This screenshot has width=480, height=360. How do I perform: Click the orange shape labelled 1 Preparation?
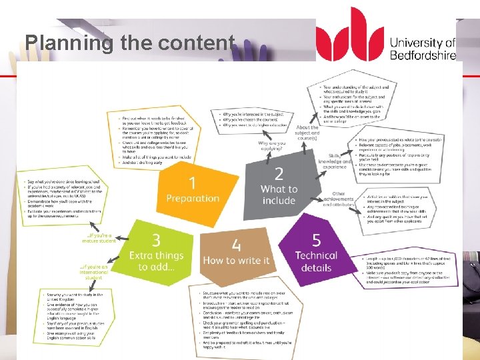pos(193,189)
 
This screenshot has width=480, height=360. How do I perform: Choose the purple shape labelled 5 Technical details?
pos(317,253)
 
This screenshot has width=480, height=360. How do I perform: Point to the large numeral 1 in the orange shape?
pos(192,181)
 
